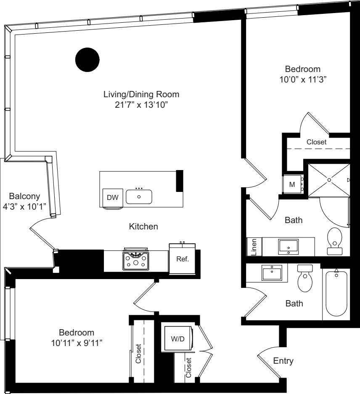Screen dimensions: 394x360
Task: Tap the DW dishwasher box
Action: coord(112,197)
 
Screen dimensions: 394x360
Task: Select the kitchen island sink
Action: coord(139,197)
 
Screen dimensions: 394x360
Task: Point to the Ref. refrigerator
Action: coord(182,259)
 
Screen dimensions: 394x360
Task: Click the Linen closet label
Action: coord(254,247)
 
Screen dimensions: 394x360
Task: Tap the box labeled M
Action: coord(292,184)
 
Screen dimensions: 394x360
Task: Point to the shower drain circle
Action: coord(329,180)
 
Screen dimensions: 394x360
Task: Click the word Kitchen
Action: coord(143,227)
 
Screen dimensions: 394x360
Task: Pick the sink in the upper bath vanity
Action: coord(288,246)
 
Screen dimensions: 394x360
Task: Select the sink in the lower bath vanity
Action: coord(272,273)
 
